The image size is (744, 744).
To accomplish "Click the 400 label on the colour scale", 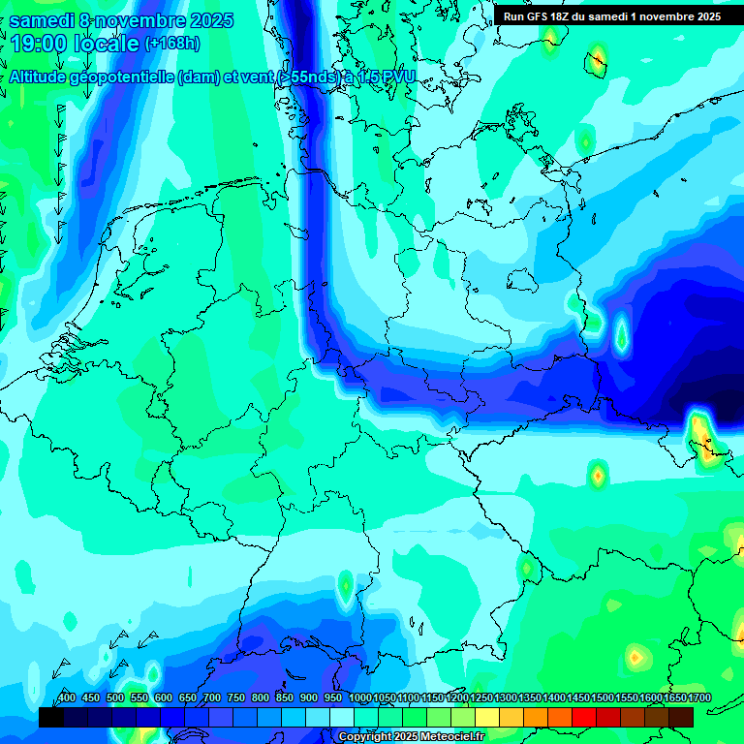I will [x=67, y=697].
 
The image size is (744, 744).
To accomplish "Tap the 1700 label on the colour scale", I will [x=673, y=697].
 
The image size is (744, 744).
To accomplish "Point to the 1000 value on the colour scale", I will [x=359, y=697].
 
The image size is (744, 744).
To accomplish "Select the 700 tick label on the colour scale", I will [x=212, y=697].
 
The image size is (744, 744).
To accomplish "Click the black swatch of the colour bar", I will [x=51, y=717].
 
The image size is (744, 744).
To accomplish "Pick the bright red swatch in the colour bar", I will [x=584, y=717].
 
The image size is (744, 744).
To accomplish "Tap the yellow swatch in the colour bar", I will [x=487, y=717].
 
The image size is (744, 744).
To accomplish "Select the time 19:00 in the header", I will [x=45, y=44].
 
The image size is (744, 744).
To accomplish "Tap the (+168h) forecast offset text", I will [x=172, y=44].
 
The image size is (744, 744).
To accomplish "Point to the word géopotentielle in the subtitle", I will [x=126, y=77].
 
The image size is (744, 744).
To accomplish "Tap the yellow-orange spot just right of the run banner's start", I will [x=551, y=36].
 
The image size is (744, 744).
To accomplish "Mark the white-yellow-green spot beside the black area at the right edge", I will [x=699, y=428].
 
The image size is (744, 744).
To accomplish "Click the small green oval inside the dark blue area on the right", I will [x=621, y=335].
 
